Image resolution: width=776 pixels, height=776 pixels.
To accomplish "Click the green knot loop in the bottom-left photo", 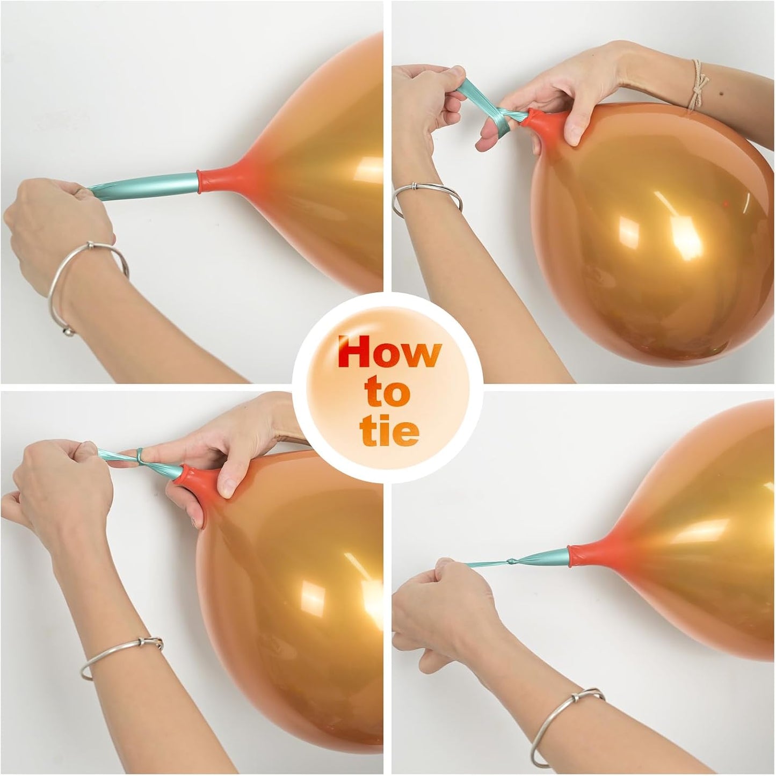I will click(141, 458).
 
